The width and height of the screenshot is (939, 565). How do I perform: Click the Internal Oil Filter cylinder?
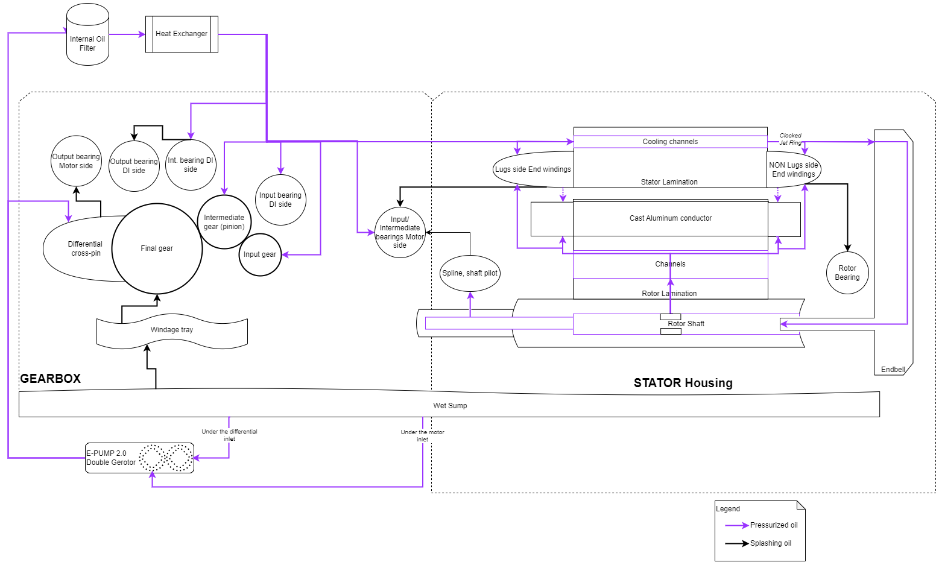pyautogui.click(x=87, y=36)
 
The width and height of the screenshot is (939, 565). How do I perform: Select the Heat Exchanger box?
pyautogui.click(x=182, y=34)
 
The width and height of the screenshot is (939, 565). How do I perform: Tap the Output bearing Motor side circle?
pyautogui.click(x=76, y=161)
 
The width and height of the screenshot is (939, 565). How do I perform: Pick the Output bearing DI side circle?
pyautogui.click(x=134, y=166)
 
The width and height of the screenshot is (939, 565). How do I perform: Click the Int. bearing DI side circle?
pyautogui.click(x=191, y=165)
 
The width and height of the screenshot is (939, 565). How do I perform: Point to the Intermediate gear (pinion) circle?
pyautogui.click(x=224, y=222)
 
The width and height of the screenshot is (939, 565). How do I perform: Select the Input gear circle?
pyautogui.click(x=260, y=254)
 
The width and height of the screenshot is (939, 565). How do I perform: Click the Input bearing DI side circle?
pyautogui.click(x=280, y=200)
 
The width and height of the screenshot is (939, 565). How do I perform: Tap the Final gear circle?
pyautogui.click(x=157, y=248)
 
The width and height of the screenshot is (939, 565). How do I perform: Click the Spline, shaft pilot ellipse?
pyautogui.click(x=470, y=273)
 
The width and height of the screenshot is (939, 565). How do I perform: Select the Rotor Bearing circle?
pyautogui.click(x=847, y=273)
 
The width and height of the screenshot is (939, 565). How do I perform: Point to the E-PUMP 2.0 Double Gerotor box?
pyautogui.click(x=139, y=458)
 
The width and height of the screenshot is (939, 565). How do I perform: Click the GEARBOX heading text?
pyautogui.click(x=50, y=379)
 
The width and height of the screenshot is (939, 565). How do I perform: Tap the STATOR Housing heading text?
pyautogui.click(x=683, y=383)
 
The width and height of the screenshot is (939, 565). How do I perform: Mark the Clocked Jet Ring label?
pyautogui.click(x=790, y=139)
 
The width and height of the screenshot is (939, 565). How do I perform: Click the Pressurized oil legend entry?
pyautogui.click(x=762, y=525)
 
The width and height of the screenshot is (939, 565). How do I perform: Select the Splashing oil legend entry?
pyautogui.click(x=759, y=543)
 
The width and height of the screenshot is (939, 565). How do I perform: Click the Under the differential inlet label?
pyautogui.click(x=229, y=435)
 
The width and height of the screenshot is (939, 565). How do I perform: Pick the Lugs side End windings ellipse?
pyautogui.click(x=533, y=169)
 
